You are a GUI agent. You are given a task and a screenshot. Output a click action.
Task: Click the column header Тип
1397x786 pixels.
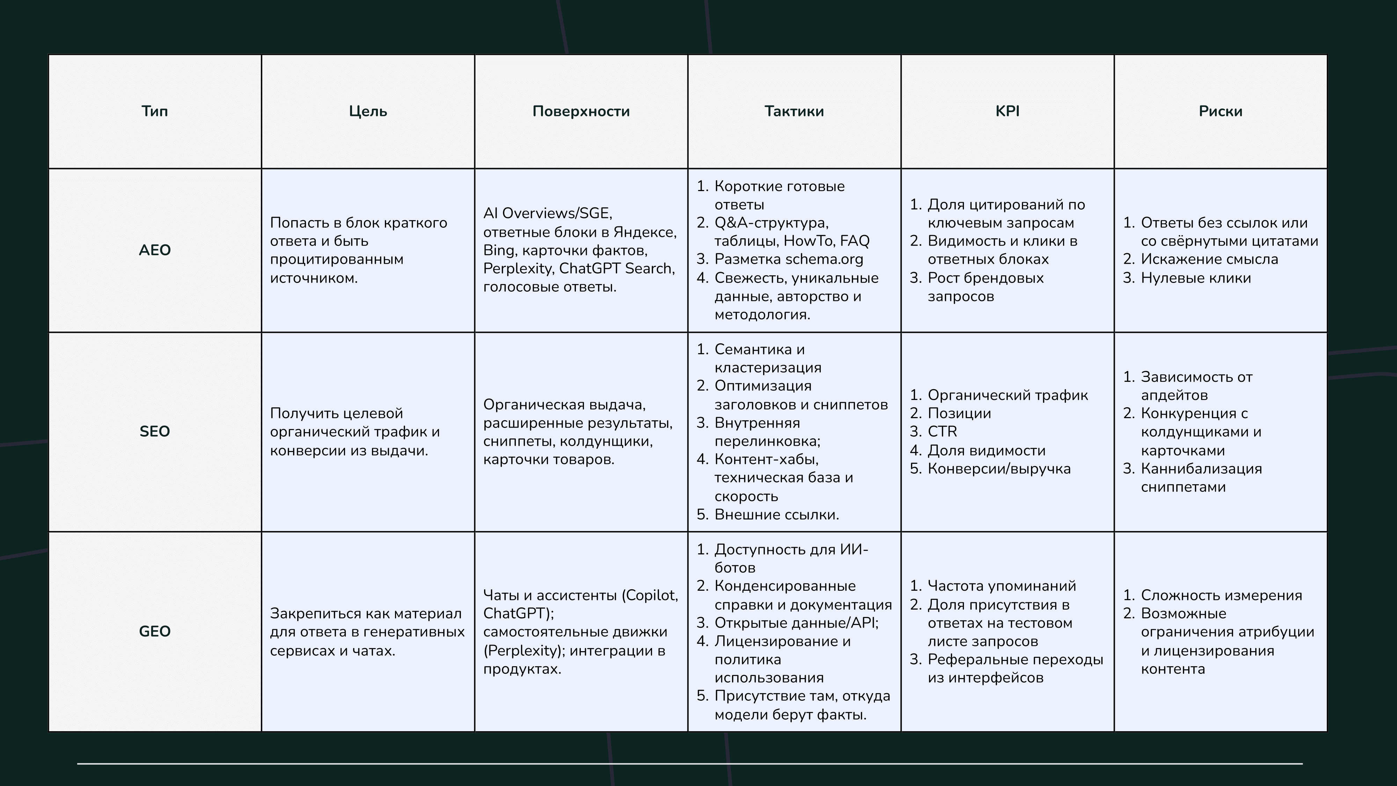(x=155, y=111)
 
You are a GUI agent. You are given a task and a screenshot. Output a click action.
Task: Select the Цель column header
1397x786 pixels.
(x=368, y=111)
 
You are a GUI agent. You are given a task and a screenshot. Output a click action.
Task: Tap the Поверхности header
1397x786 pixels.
(x=581, y=111)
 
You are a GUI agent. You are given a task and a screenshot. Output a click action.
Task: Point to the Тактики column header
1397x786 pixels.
(x=794, y=111)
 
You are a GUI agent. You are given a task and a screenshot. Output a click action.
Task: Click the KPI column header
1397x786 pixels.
(x=1007, y=111)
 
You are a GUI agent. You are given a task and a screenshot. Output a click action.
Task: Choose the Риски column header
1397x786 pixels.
(x=1220, y=111)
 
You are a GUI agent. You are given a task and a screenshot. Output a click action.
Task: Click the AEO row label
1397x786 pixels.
(x=155, y=250)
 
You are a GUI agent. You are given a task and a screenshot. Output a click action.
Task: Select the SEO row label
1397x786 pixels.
(x=155, y=431)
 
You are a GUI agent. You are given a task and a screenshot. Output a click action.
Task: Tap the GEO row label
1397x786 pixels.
(x=155, y=631)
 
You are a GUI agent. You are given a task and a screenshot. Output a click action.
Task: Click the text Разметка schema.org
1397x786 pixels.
(x=789, y=259)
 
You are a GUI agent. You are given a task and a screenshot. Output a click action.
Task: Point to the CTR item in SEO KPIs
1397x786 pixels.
(x=943, y=432)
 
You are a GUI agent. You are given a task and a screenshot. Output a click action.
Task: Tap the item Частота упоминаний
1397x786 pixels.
(x=1002, y=586)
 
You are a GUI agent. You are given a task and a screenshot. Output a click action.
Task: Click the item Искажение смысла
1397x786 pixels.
(x=1209, y=259)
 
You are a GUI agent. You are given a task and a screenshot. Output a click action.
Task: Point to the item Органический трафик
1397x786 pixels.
(x=1008, y=395)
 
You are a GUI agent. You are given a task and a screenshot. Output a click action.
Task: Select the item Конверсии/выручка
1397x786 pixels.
(x=999, y=469)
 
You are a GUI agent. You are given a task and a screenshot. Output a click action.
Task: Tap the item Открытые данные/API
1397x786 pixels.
(x=796, y=623)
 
